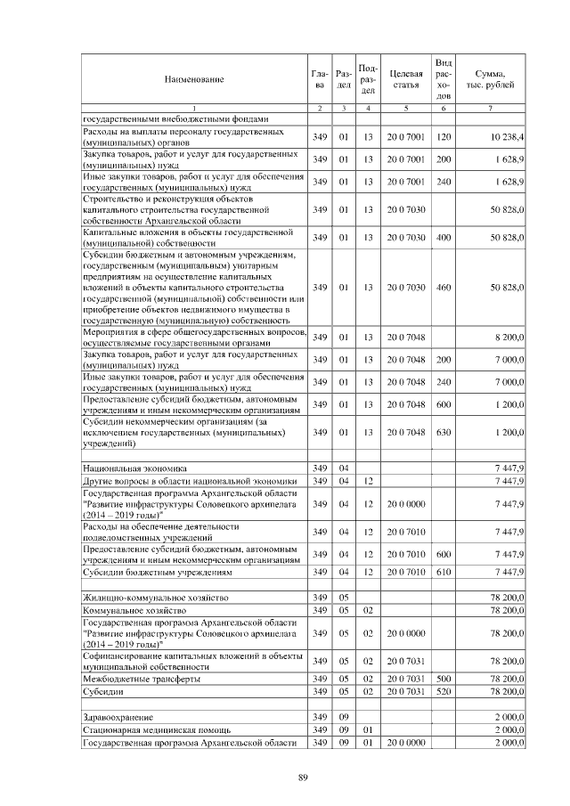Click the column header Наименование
pyautogui.click(x=193, y=79)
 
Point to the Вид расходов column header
pyautogui.click(x=444, y=78)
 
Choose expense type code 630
pyautogui.click(x=444, y=432)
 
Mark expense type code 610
pyautogui.click(x=444, y=572)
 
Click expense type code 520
pyautogui.click(x=444, y=692)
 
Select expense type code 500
pyautogui.click(x=444, y=680)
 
